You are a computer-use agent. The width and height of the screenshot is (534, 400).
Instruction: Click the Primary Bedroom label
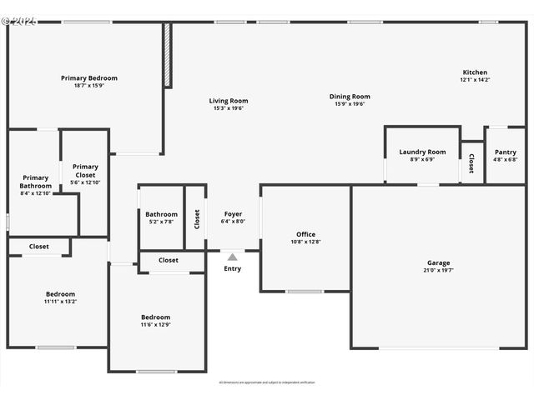tap(89, 78)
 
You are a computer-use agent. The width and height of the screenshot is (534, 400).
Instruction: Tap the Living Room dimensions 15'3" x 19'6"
tap(229, 108)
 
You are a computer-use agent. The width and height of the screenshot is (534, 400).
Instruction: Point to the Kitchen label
tap(475, 72)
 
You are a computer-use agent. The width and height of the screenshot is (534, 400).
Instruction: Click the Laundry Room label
tap(422, 152)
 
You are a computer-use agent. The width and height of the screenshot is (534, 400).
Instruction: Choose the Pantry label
tap(505, 152)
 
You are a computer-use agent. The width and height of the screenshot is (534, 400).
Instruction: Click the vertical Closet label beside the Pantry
tap(471, 162)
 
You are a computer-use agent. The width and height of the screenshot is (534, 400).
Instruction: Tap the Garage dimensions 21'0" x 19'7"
tap(439, 270)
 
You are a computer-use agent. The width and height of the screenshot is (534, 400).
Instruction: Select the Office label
tap(305, 234)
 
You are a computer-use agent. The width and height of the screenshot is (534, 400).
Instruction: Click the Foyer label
tap(233, 214)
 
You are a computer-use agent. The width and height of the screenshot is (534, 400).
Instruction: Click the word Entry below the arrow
tap(233, 268)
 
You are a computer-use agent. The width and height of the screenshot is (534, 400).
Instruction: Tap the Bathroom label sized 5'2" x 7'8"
tap(161, 214)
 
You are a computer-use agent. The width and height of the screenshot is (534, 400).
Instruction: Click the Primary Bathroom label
tap(36, 182)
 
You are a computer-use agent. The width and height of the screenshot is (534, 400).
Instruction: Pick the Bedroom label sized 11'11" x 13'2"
tap(60, 294)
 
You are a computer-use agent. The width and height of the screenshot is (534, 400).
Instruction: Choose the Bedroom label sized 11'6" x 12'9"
tap(155, 317)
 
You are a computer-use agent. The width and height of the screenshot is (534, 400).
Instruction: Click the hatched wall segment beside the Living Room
tap(167, 55)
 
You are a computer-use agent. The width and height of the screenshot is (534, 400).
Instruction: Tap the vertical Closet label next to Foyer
tap(197, 218)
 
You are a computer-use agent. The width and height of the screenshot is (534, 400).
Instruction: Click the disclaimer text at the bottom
tap(267, 382)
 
